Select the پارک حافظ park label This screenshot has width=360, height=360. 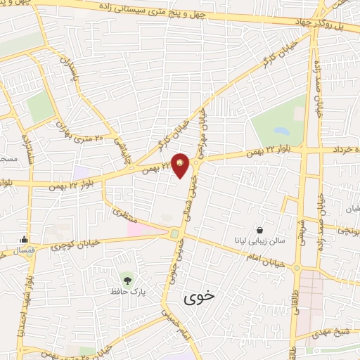(126, 289)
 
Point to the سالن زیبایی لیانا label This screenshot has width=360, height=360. (261, 240)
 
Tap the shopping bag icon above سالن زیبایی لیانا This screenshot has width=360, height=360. (260, 229)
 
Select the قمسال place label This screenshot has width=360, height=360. (25, 250)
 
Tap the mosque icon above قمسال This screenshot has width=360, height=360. (25, 239)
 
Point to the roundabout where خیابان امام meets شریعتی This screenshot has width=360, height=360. (297, 268)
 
